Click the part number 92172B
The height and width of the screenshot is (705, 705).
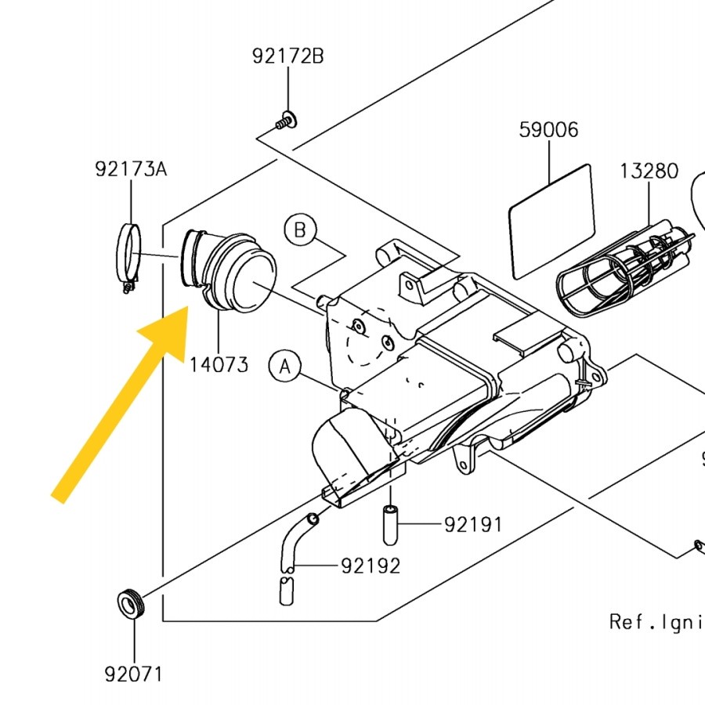(287, 56)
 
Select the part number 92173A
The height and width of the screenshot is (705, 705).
(131, 168)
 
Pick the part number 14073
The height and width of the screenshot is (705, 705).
(219, 364)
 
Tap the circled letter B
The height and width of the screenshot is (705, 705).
(300, 230)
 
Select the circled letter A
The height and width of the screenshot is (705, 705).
(286, 366)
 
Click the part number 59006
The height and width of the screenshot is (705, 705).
(548, 129)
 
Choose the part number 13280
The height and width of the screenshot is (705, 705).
(649, 171)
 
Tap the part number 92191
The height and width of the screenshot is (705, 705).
(473, 524)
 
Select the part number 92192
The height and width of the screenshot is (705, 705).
(370, 566)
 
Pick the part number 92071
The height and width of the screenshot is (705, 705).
(134, 673)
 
